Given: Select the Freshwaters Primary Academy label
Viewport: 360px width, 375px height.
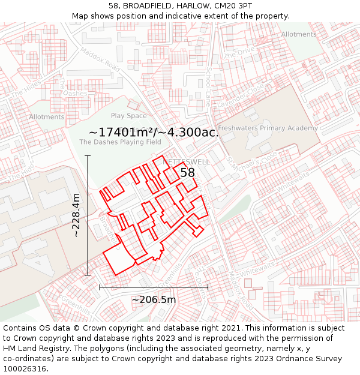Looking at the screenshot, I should tap(268, 128).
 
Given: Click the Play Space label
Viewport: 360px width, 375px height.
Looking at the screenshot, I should tap(128, 116).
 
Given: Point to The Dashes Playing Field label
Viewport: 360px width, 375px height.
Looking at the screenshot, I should tap(120, 142).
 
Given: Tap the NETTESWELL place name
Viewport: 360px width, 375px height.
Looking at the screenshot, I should tap(187, 162).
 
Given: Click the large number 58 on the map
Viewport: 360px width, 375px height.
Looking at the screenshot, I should tap(188, 173).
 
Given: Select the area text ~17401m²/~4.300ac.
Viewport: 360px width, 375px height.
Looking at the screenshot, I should tap(153, 132).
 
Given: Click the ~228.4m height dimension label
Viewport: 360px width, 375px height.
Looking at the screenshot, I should tap(76, 215).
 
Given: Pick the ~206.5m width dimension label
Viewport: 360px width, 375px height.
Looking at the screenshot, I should tap(154, 299).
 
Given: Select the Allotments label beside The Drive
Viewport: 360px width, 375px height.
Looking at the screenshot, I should tap(298, 34).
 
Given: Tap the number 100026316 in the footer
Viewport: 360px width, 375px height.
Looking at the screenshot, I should tap(25, 369).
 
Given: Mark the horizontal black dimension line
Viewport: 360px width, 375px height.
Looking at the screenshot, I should tap(154, 287).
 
